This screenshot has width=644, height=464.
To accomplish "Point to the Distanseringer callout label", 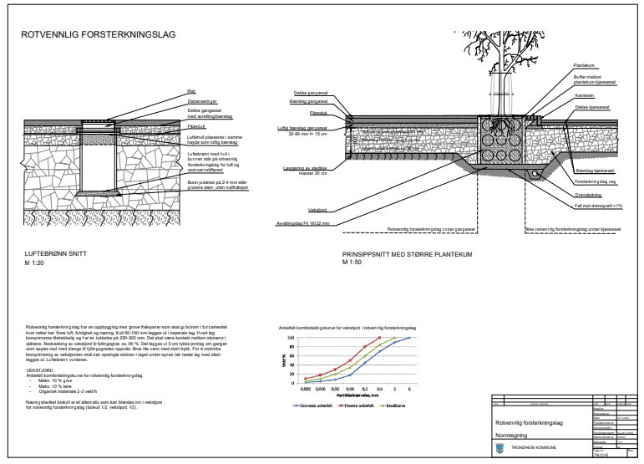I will click(x=201, y=99).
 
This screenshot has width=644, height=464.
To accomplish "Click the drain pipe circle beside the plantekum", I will click(x=535, y=174).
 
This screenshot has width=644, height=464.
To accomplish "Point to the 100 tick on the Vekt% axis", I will click(x=292, y=339).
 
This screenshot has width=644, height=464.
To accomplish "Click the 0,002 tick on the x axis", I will click(x=307, y=390).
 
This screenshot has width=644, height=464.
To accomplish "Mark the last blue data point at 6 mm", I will click(x=409, y=339).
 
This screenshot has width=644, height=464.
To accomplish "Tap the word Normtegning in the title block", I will click(x=511, y=435).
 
